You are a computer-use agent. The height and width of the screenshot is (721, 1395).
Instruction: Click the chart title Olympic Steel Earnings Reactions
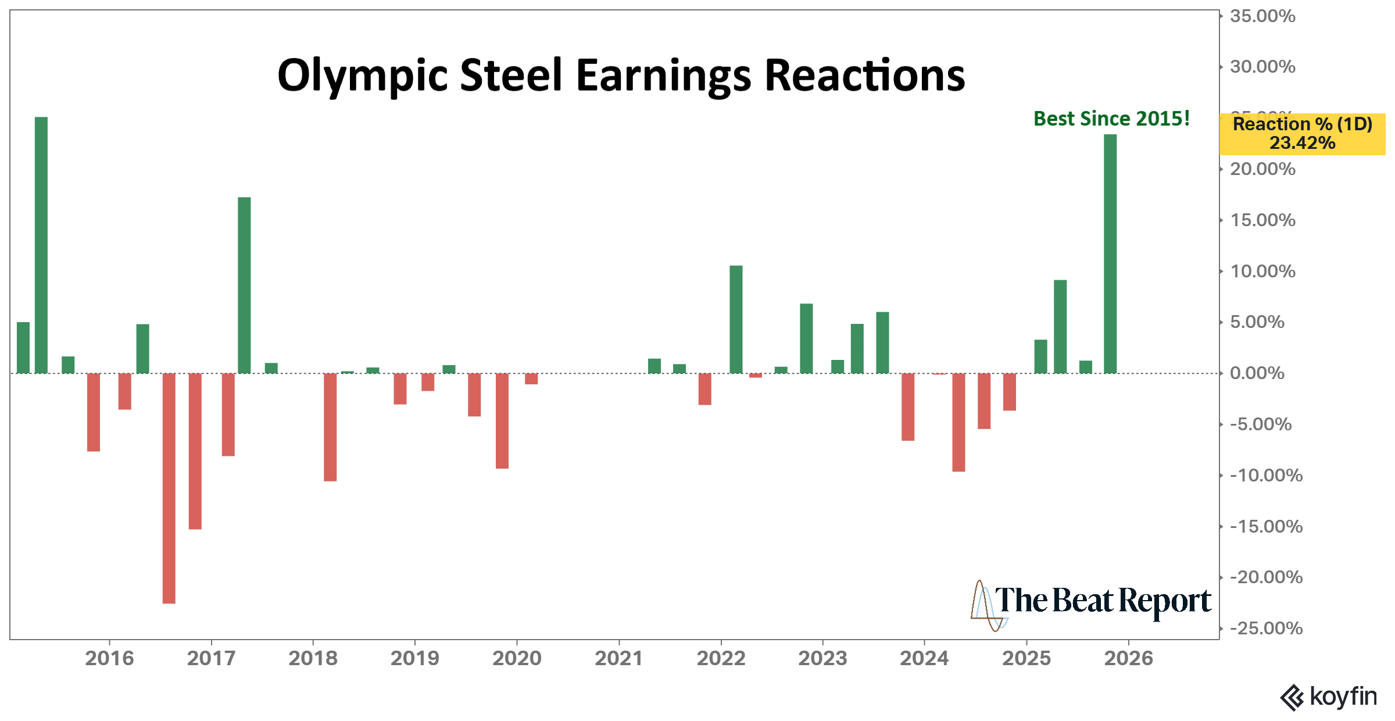tap(621, 76)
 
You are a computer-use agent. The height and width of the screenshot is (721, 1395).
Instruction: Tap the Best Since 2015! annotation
tap(1111, 119)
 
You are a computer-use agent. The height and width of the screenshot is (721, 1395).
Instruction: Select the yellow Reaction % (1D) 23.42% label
tap(1302, 134)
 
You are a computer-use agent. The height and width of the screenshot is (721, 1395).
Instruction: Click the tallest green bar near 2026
tap(1110, 254)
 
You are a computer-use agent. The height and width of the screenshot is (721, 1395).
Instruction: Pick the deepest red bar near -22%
tap(169, 488)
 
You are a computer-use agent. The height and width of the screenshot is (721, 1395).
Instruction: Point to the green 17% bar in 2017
tap(244, 285)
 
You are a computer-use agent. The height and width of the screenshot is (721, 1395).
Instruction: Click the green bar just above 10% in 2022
tap(736, 319)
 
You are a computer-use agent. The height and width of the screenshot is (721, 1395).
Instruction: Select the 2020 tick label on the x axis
tap(517, 658)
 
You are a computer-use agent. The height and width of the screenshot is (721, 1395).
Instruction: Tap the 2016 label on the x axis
tap(109, 658)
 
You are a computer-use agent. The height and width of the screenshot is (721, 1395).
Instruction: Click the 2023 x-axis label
tap(822, 658)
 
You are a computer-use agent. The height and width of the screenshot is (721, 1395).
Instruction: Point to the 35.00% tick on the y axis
tap(1262, 16)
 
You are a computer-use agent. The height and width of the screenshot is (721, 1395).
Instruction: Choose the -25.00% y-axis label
tap(1266, 628)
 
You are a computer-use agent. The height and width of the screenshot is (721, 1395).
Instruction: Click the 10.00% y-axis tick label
tap(1262, 271)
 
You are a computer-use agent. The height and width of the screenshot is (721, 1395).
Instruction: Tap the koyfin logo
tap(1329, 697)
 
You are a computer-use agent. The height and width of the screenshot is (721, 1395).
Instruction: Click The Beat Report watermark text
tap(1102, 601)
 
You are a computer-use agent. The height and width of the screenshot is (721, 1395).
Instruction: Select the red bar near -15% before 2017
tap(195, 451)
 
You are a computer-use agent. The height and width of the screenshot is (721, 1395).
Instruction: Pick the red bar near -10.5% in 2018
tap(330, 427)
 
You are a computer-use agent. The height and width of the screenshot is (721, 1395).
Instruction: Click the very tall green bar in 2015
tap(41, 245)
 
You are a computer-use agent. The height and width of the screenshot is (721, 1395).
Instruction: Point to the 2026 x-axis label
tap(1128, 658)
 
